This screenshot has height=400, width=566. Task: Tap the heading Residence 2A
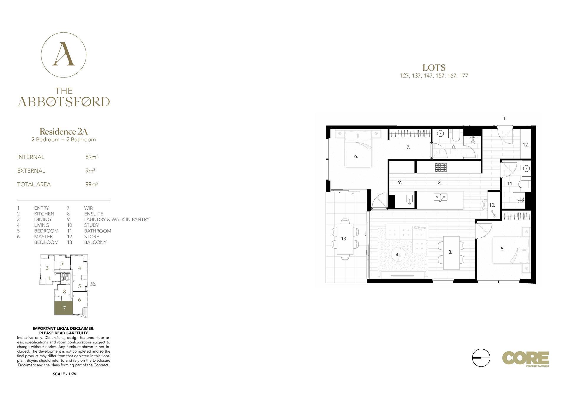tap(64, 131)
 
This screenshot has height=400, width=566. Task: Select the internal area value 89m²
tap(92, 157)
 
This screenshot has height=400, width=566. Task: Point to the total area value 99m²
tap(92, 184)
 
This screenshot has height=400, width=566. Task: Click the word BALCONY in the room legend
tap(95, 242)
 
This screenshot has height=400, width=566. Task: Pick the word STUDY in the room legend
tap(91, 225)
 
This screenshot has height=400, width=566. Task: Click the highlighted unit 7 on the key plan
tap(63, 308)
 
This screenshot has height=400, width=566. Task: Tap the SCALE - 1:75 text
tap(65, 374)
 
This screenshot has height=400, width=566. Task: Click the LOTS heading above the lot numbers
tap(434, 68)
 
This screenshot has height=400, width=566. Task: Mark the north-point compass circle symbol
tap(481, 358)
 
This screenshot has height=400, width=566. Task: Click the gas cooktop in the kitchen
tap(441, 168)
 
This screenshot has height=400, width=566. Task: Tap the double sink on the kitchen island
tap(440, 197)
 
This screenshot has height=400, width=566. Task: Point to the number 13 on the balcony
tap(344, 239)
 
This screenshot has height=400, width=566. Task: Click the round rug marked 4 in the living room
tap(398, 254)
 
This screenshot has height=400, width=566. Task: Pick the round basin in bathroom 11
tap(526, 169)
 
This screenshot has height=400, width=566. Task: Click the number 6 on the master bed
tap(356, 156)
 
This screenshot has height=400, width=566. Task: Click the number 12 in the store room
tap(526, 145)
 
